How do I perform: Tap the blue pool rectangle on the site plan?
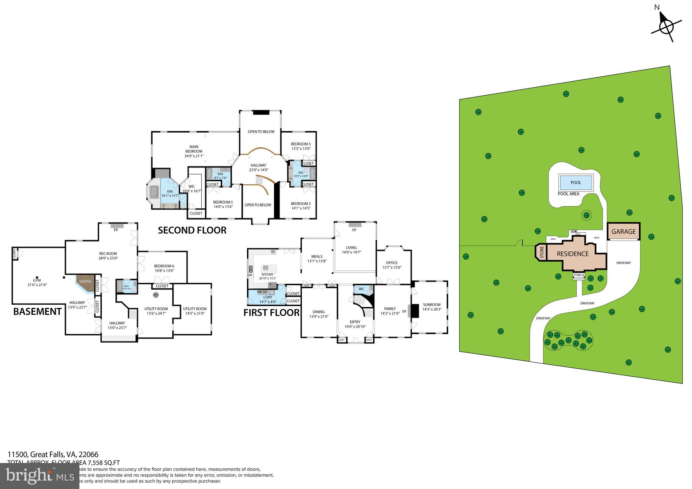(576, 182)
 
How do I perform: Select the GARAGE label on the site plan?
(623, 232)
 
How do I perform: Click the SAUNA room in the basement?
(85, 282)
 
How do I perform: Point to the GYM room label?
(37, 280)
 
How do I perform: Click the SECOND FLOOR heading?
(192, 230)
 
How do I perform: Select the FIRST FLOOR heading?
(271, 313)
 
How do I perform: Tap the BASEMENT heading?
(37, 311)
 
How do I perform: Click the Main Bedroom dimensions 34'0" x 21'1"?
(194, 156)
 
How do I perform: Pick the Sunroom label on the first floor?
(431, 305)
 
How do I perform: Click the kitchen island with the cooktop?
(269, 268)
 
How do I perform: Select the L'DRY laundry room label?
(268, 297)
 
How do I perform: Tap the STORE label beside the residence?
(542, 253)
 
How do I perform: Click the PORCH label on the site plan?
(579, 275)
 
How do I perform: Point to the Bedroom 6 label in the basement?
(164, 266)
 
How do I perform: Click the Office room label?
(391, 263)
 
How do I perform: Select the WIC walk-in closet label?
(192, 186)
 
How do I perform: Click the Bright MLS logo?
(40, 476)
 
